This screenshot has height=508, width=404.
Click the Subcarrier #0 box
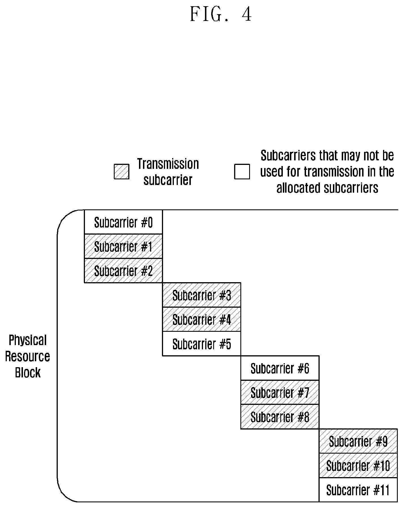point(123,222)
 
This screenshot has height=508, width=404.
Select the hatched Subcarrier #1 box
point(123,246)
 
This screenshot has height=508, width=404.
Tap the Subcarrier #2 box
point(123,271)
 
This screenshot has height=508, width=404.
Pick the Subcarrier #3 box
point(202,295)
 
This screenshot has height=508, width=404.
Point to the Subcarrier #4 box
point(202,319)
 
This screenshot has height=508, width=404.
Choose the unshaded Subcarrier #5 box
point(202,344)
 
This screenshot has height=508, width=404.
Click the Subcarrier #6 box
point(280,368)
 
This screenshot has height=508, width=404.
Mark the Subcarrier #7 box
point(280,392)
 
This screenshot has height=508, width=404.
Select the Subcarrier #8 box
point(280,417)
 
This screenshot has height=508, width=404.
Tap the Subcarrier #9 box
point(358,441)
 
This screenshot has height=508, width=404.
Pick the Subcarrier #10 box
point(358,466)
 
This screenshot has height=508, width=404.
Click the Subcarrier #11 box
point(358,490)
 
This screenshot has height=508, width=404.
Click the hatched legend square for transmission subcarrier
point(122,172)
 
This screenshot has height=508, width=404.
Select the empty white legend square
point(242,172)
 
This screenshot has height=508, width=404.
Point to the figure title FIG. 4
point(221,14)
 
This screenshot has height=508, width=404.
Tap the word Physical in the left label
point(28,340)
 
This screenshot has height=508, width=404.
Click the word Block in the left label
point(28,372)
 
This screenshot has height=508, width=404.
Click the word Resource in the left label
point(28,356)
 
